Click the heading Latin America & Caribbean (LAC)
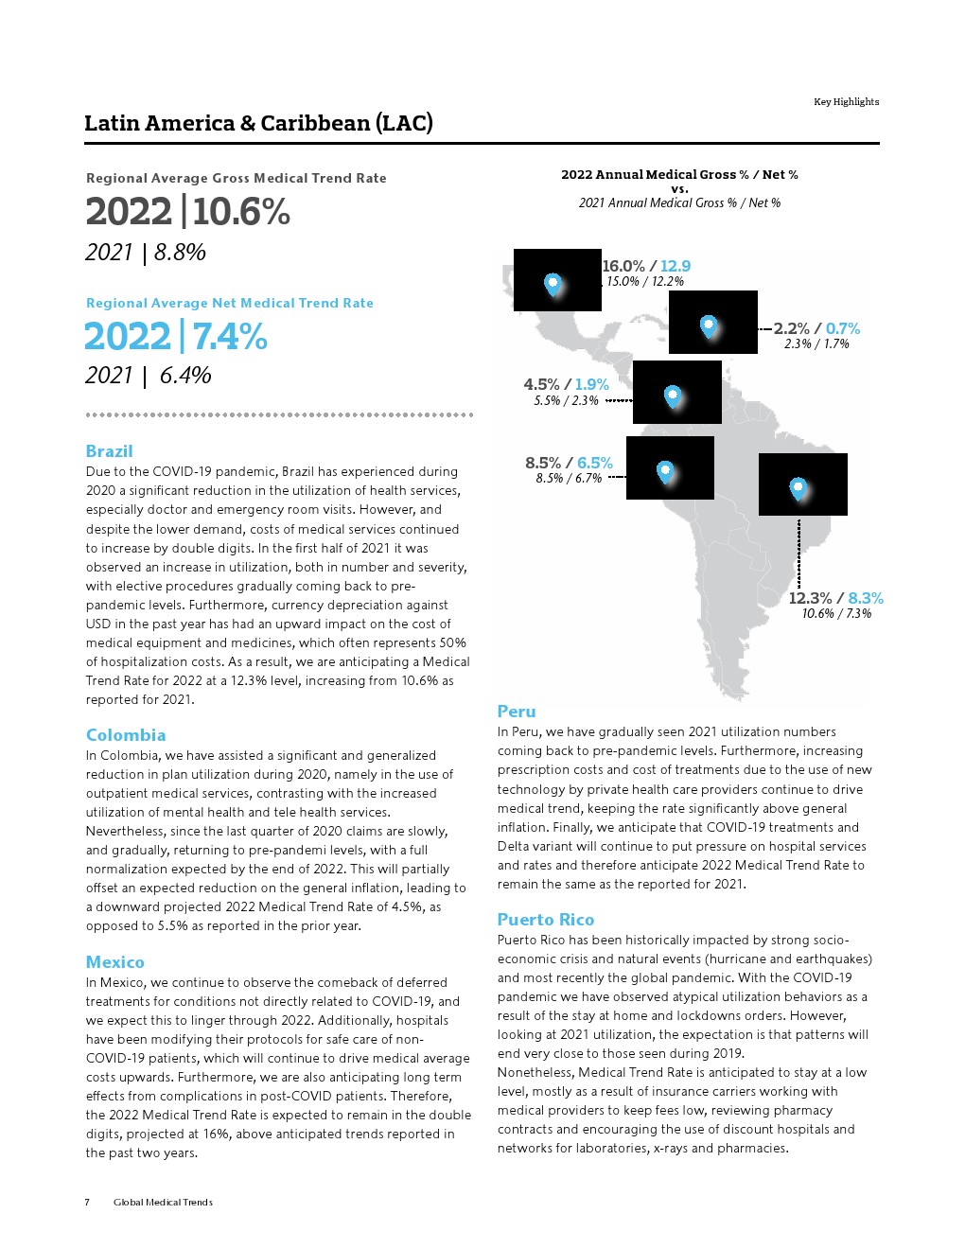pos(258,123)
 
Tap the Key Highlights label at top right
pos(846,102)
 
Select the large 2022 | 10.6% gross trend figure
pos(187,211)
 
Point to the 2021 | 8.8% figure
pos(146,253)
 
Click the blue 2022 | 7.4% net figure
pos(176,337)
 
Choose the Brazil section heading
pos(109,451)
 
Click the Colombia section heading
pos(126,735)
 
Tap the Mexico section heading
pos(115,962)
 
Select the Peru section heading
pos(517,712)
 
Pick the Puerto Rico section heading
pos(546,920)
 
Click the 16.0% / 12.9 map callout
pos(646,267)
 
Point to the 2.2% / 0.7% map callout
pos(816,328)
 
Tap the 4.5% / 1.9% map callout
pos(566,384)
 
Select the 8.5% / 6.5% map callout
pos(569,463)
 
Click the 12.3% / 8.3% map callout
pos(835,598)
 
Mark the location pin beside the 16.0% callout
pos(553,283)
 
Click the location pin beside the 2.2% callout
pos(709,326)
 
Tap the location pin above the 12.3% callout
pos(798,488)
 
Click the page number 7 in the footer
pos(87,1203)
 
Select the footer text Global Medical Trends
pos(163,1203)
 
